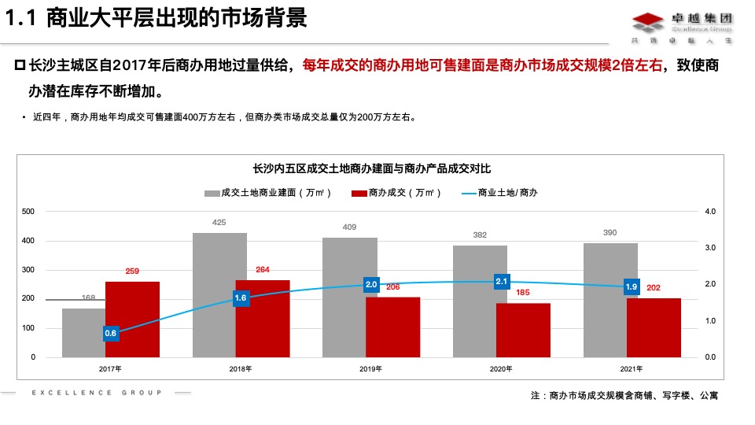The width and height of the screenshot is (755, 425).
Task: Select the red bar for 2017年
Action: pos(132,319)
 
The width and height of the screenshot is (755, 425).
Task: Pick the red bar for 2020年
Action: pos(523,330)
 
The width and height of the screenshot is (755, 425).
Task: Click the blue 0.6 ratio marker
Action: pos(111,333)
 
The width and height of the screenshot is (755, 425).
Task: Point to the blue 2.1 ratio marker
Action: pos(502,281)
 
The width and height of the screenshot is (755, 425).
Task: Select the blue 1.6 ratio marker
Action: pos(241,298)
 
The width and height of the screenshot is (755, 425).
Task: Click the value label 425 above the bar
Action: pos(219,223)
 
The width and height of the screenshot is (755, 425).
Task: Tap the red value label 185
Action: pos(523,293)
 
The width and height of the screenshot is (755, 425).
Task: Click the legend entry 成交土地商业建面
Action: pos(267,193)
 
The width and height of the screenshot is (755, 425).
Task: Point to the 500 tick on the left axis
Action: pos(28,212)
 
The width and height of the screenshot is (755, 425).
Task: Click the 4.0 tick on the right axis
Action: pos(711,212)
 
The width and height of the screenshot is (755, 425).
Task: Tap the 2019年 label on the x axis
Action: pos(371,368)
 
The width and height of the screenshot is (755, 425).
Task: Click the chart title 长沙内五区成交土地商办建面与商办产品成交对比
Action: pos(372,168)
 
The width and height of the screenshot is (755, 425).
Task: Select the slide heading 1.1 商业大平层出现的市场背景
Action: pos(157,19)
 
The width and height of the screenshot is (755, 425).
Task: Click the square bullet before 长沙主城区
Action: pos(20,65)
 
